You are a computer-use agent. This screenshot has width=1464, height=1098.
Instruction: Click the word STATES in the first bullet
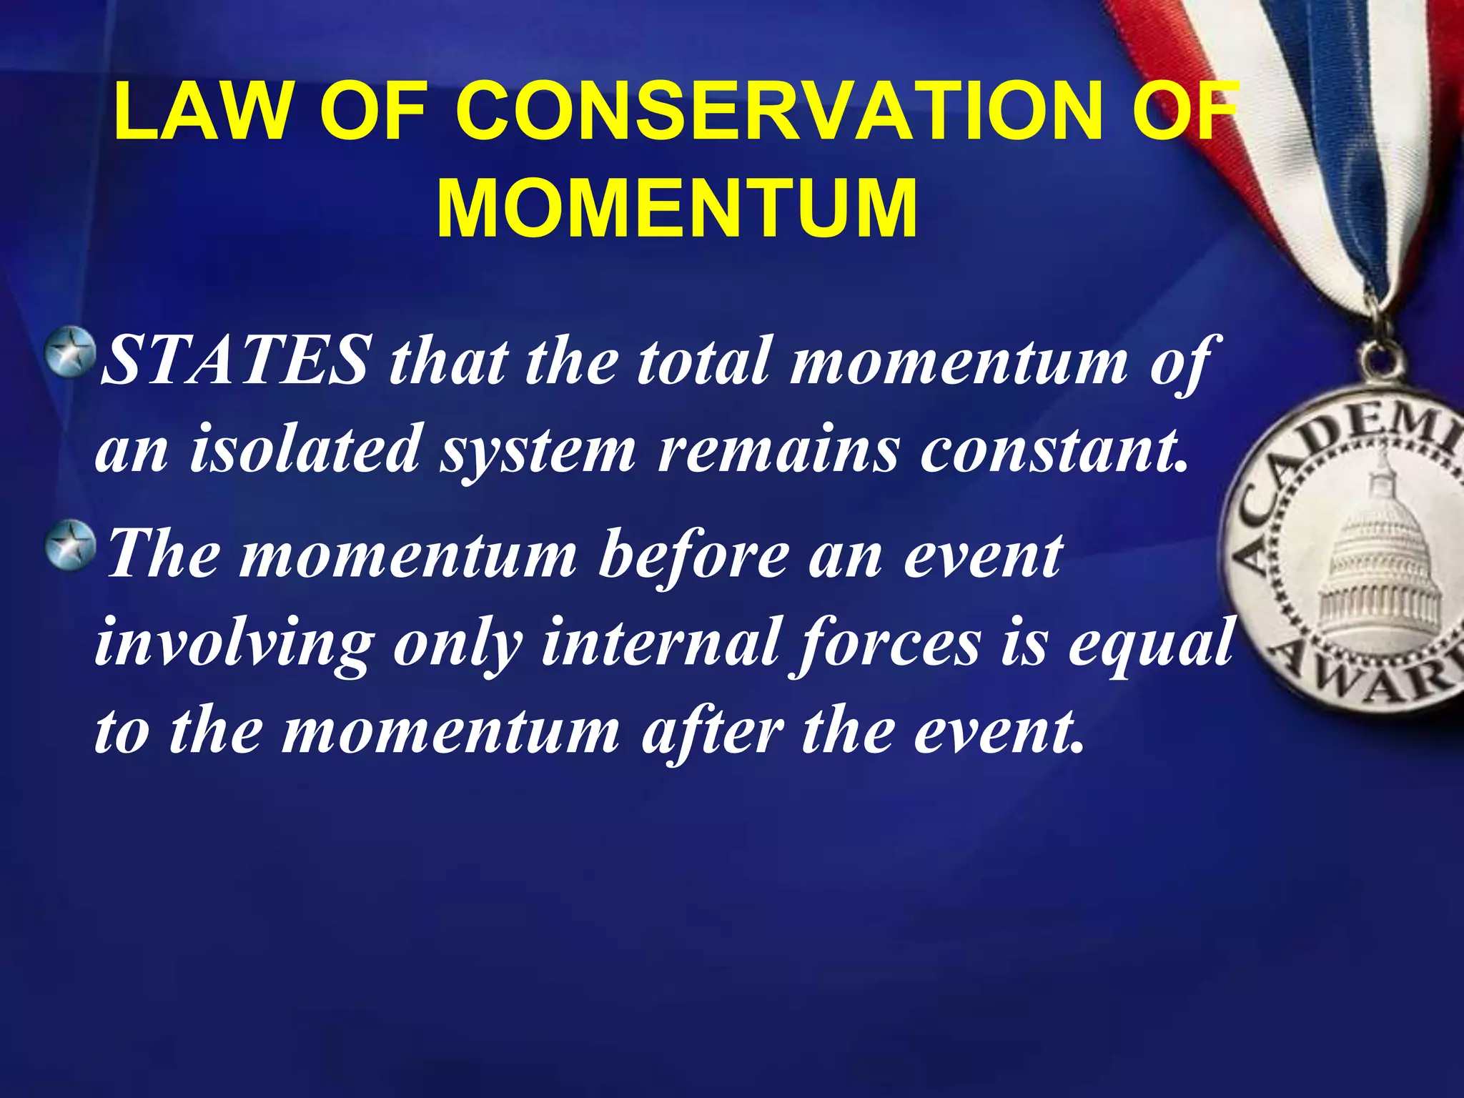coord(236,360)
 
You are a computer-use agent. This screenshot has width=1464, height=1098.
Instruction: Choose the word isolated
coord(305,449)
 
